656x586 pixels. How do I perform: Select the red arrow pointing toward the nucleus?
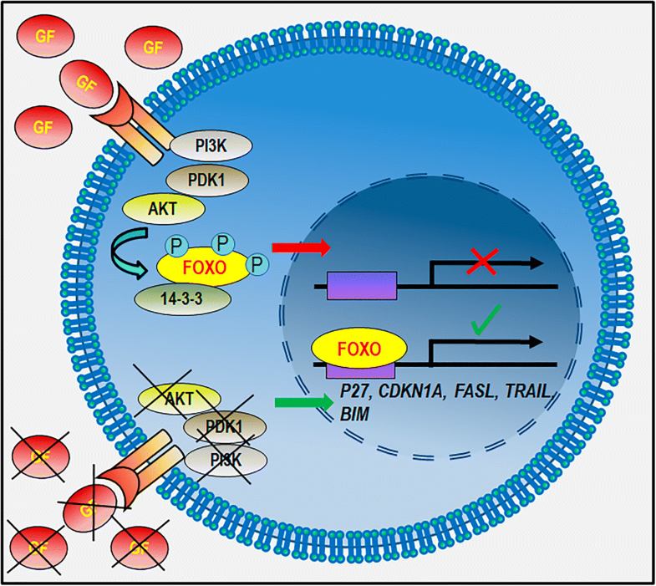(x=300, y=248)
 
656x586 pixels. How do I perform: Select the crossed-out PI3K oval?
(x=227, y=458)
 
